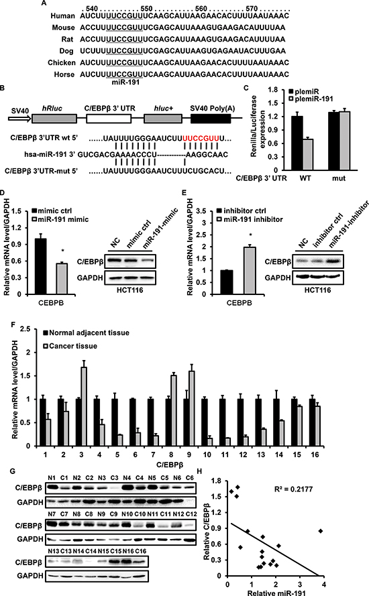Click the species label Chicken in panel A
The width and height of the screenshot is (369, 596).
pos(62,62)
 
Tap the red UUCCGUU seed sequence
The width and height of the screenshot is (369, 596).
pos(201,137)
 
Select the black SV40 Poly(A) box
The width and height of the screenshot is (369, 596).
pos(211,119)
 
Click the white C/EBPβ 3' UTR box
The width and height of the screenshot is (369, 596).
pos(109,119)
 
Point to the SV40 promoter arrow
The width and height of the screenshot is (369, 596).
pos(19,119)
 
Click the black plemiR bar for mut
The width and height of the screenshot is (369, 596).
pos(333,141)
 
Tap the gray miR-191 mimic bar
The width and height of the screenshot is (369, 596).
pos(62,279)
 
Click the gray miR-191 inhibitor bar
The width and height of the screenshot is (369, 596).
pos(250,271)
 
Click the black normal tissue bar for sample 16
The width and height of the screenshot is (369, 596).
pos(312,422)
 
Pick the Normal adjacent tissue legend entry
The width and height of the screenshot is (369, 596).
pos(87,333)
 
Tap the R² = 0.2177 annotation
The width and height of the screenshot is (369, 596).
pos(293,489)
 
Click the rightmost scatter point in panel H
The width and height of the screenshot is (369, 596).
pos(321,530)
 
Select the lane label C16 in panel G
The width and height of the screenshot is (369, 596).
pos(140,551)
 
